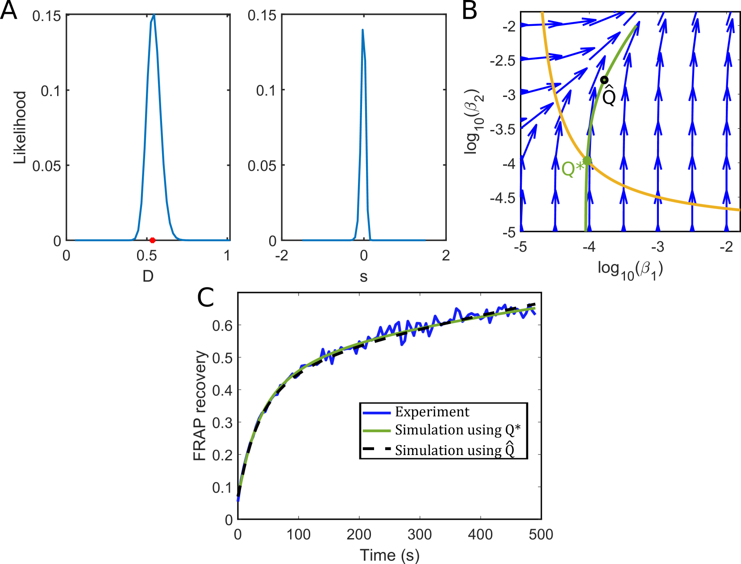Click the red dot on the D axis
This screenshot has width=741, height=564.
[152, 240]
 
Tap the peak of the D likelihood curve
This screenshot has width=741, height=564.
[154, 15]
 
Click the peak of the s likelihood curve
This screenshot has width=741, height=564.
[362, 30]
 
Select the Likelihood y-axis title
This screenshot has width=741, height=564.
[20, 127]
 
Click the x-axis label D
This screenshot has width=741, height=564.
[148, 276]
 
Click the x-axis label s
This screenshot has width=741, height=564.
[363, 277]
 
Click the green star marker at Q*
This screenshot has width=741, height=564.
[587, 161]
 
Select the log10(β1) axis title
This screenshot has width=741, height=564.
[630, 269]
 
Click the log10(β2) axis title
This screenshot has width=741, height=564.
[474, 122]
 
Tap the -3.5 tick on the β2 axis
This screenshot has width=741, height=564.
[503, 130]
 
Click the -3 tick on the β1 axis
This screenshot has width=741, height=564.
[658, 246]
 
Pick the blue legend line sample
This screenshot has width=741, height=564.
[376, 413]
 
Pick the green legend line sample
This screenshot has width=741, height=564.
[376, 431]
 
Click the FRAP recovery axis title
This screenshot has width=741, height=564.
[200, 405]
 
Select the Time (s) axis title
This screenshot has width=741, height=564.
[389, 555]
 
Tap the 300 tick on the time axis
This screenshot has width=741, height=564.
[420, 534]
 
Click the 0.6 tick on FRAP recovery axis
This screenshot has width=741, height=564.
[222, 326]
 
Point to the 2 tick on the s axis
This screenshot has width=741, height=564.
[445, 255]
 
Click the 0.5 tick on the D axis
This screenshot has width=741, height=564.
[146, 255]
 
